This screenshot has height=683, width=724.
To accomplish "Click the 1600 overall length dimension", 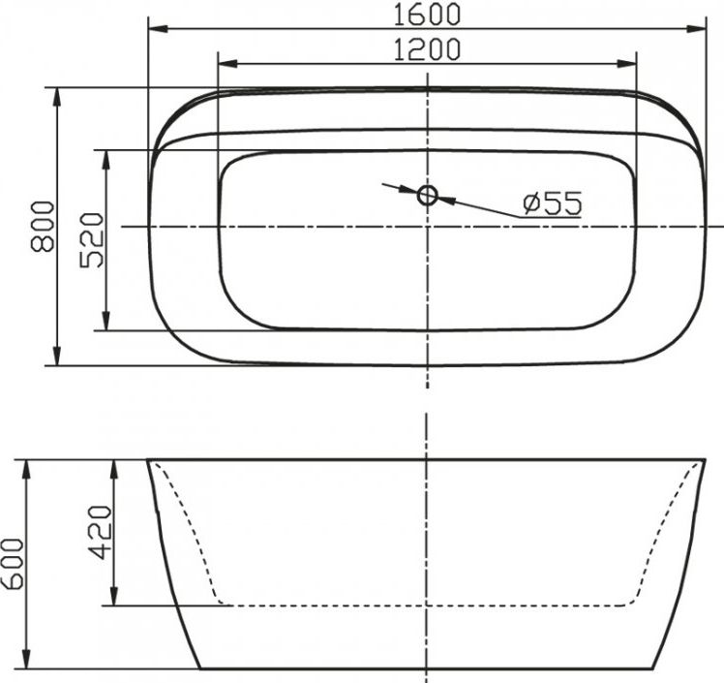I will pos(428,14).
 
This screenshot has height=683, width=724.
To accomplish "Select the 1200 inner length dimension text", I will pos(427,48).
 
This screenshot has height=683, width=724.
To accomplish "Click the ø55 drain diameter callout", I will pos(551,203).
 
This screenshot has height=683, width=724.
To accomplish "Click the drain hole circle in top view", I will pos(428,196).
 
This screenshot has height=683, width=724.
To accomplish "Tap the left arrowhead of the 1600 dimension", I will pos(155,29).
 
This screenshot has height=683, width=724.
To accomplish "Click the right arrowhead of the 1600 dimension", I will pos(699,29).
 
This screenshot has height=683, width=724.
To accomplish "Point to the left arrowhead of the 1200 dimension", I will pos(226,64).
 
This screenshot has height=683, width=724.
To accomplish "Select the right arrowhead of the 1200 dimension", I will pos(629,64).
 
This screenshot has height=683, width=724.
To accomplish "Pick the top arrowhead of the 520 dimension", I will pos(106,157).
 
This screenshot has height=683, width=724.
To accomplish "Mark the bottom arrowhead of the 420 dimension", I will pos(115,598).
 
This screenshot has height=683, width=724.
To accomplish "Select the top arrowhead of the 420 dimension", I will pos(115,468).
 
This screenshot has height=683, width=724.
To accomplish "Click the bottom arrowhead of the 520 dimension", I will pos(106,323).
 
